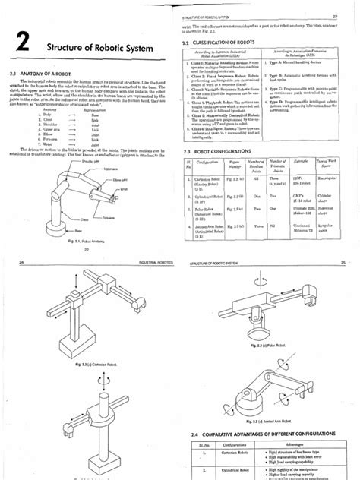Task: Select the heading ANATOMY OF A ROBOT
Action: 52,74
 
